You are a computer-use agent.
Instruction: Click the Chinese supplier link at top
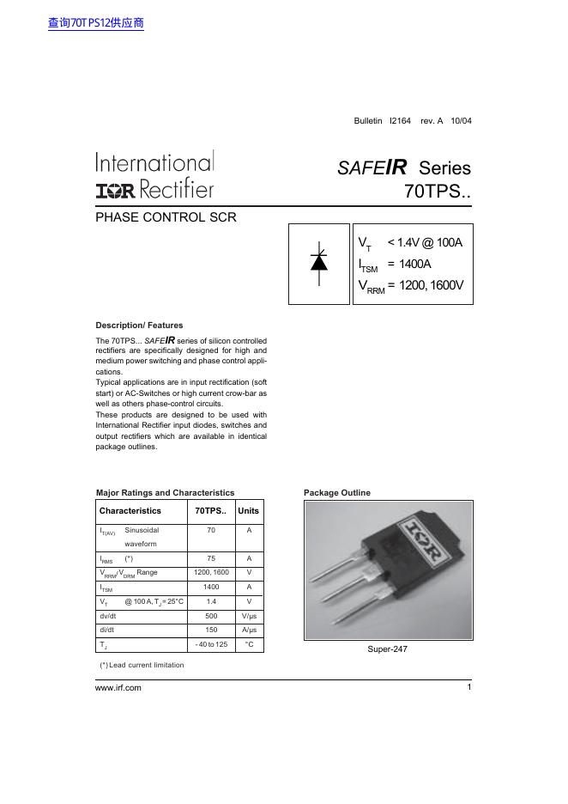[x=96, y=23]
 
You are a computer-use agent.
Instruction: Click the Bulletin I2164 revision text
[x=412, y=121]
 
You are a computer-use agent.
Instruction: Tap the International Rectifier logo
[x=154, y=176]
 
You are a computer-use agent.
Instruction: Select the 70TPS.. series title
[x=437, y=192]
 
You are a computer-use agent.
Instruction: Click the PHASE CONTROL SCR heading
[x=166, y=217]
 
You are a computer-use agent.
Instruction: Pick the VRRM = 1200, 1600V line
[x=411, y=286]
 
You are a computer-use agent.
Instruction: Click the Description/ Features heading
[x=139, y=326]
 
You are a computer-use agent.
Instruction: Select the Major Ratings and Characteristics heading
[x=165, y=493]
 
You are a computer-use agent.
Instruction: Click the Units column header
[x=249, y=511]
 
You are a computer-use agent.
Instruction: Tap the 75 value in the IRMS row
[x=211, y=558]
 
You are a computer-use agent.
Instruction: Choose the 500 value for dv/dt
[x=211, y=616]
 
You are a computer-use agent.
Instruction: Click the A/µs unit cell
[x=249, y=630]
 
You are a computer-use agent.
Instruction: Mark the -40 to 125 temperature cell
[x=211, y=643]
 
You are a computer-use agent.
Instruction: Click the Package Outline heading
[x=337, y=493]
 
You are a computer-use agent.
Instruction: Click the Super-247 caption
[x=387, y=649]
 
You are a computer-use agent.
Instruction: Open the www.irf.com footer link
[x=118, y=688]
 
